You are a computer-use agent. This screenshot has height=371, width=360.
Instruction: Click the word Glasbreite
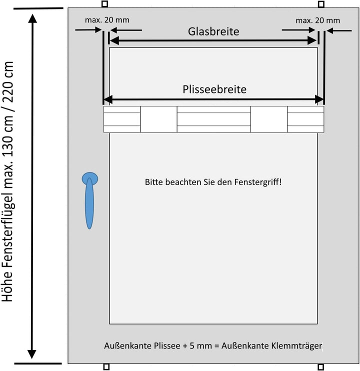tap(213, 31)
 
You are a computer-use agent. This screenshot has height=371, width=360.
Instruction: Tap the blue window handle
tap(89, 199)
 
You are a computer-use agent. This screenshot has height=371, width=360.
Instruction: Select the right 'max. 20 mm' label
tap(317, 20)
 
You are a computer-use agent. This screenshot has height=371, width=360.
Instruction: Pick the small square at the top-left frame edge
tap(105, 4)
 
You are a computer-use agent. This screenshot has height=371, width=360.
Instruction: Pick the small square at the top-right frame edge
tap(321, 4)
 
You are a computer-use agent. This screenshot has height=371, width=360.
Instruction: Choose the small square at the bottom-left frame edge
tap(105, 367)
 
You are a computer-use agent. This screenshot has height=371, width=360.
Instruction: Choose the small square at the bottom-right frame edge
tap(321, 367)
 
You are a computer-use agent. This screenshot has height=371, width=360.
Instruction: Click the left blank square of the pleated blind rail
tap(158, 119)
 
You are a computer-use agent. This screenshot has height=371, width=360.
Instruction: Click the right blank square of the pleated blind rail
tap(268, 119)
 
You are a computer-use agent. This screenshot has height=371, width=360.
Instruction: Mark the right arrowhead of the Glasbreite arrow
tap(313, 41)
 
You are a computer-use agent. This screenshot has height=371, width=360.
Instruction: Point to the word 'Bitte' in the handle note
tap(153, 182)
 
